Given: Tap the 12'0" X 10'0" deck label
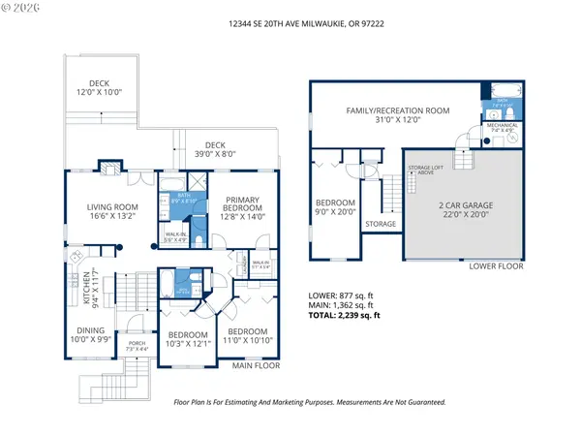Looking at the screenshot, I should pyautogui.click(x=100, y=88).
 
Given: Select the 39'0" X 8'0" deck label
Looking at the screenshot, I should pyautogui.click(x=214, y=151).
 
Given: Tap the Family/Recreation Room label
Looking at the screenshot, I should pyautogui.click(x=398, y=114).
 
